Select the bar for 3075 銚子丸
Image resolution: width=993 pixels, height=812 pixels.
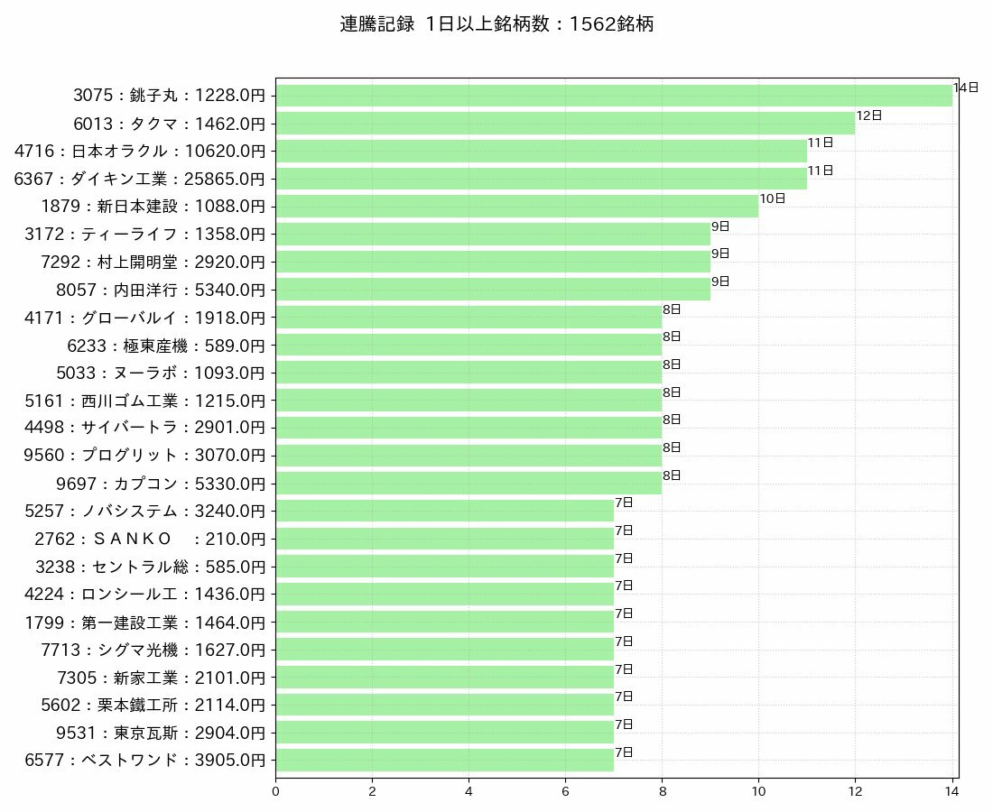tap(614, 96)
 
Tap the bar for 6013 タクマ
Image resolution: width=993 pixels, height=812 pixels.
tap(565, 123)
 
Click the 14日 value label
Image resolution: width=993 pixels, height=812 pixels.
tap(965, 88)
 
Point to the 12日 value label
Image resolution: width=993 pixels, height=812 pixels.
tap(868, 115)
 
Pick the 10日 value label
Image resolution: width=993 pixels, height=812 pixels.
tap(772, 198)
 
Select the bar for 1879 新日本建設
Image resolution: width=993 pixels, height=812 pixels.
tap(516, 206)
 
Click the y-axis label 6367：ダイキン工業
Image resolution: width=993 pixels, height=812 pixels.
tap(140, 179)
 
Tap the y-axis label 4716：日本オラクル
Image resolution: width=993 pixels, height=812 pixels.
tap(140, 151)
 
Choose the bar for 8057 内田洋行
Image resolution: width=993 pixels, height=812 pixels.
tap(493, 290)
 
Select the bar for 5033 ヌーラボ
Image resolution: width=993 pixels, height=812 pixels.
tap(469, 373)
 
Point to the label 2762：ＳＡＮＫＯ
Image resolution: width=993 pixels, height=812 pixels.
tap(145, 539)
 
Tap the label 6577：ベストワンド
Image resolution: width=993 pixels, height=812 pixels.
tap(145, 761)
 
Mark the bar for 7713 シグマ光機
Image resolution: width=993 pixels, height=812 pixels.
tap(444, 650)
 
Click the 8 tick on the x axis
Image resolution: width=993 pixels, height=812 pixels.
tap(662, 791)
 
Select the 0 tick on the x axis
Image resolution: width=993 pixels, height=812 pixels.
tap(275, 791)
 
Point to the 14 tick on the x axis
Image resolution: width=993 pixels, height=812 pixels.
tap(951, 791)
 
